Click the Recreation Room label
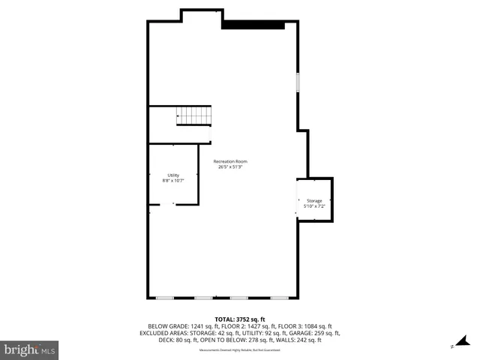pos(230,162)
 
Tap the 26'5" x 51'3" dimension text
pos(230,167)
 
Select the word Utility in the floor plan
pos(173,175)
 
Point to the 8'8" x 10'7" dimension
pos(173,181)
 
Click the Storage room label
pos(314,201)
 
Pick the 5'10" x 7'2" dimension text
pos(314,206)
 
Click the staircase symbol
pos(194,115)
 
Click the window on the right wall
pos(298,82)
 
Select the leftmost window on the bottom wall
pos(165,298)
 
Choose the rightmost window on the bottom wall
pos(279,298)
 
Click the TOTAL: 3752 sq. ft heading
pos(240,319)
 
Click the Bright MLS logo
pos(30,349)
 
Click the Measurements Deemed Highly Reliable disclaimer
pos(240,350)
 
